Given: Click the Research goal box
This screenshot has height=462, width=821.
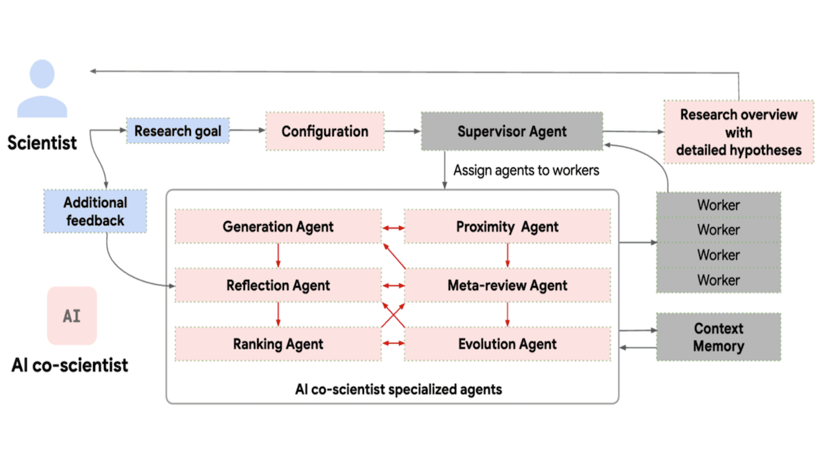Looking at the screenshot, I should point(177,131).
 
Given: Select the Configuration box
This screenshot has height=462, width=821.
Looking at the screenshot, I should point(325,131).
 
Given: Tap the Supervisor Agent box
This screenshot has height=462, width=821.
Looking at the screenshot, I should point(512,131).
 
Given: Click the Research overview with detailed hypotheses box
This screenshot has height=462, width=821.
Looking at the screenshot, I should point(738,132).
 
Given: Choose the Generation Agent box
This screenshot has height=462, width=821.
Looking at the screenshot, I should point(278,227).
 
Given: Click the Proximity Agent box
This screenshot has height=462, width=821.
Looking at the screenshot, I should point(507,227).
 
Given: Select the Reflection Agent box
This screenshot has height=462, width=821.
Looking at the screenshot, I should point(278,285).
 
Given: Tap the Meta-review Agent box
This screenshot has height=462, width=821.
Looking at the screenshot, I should point(507,285).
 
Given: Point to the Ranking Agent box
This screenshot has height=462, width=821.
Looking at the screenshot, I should point(278,344).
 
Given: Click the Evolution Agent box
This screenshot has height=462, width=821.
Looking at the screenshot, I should point(507,344).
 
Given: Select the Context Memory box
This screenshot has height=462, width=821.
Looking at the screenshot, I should point(718,337).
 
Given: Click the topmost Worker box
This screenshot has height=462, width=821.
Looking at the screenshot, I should point(718,205).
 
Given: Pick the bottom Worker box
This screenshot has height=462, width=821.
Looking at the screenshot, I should point(718,280).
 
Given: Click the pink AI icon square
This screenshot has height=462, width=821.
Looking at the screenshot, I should point(72,316).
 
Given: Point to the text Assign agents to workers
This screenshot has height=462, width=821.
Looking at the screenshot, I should point(525,170).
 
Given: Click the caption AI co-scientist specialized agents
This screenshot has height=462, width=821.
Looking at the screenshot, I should point(398,389).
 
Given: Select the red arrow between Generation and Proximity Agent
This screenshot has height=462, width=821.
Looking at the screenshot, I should point(393,227).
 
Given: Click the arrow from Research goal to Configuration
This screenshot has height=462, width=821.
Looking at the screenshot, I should point(247,131).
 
